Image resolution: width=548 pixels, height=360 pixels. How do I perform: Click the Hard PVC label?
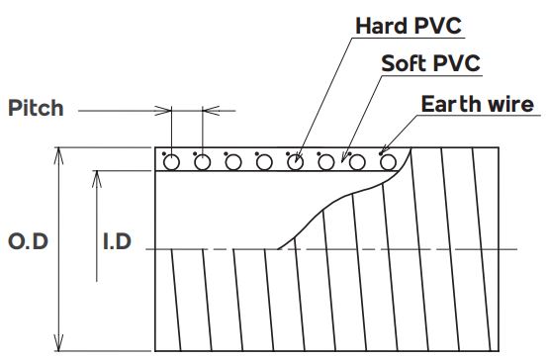pyautogui.click(x=409, y=26)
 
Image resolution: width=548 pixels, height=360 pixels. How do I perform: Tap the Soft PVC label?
pyautogui.click(x=430, y=63)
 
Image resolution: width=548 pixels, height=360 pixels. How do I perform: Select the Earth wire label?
pyautogui.click(x=478, y=104)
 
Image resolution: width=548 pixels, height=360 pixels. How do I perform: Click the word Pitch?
pyautogui.click(x=36, y=108)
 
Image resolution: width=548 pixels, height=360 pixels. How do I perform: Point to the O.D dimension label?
pyautogui.click(x=28, y=241)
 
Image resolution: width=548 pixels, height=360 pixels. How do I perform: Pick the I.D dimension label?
pyautogui.click(x=117, y=241)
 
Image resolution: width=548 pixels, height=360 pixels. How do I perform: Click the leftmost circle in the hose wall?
pyautogui.click(x=171, y=162)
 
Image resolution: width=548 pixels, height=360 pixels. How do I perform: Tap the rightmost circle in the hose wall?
pyautogui.click(x=388, y=162)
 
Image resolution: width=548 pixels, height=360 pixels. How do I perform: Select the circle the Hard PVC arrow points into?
pyautogui.click(x=296, y=162)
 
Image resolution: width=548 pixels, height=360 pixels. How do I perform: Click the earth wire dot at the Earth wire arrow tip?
pyautogui.click(x=381, y=153)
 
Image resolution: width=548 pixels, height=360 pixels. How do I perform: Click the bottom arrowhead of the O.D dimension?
pyautogui.click(x=59, y=342)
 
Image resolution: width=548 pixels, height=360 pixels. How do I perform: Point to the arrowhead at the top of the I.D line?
pyautogui.click(x=97, y=179)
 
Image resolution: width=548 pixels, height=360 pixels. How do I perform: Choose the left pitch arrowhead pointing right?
pyautogui.click(x=163, y=111)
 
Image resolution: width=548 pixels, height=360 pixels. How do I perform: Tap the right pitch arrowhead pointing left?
pyautogui.click(x=211, y=111)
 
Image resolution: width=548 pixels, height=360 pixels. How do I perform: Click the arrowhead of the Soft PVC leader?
pyautogui.click(x=344, y=157)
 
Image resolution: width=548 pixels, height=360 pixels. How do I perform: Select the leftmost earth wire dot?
pyautogui.click(x=164, y=153)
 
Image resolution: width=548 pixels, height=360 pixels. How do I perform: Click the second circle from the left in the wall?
pyautogui.click(x=203, y=162)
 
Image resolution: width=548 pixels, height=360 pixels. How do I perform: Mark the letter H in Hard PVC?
pyautogui.click(x=363, y=26)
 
